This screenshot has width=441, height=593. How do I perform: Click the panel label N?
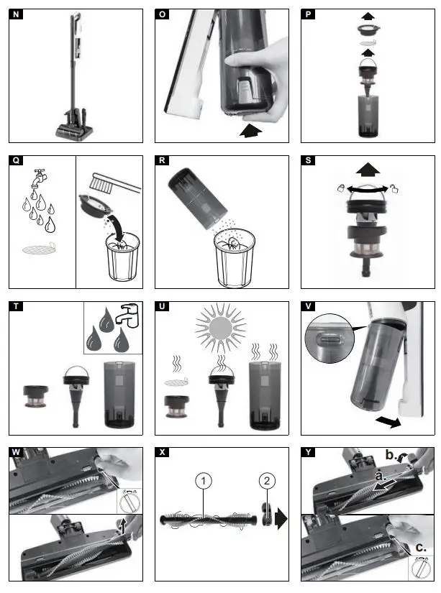pyautogui.click(x=16, y=14)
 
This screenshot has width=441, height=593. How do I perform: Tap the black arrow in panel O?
pyautogui.click(x=250, y=131)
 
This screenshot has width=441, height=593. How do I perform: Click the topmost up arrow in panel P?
pyautogui.click(x=368, y=16)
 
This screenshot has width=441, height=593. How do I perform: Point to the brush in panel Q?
pyautogui.click(x=115, y=183)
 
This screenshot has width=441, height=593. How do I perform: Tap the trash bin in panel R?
pyautogui.click(x=235, y=257)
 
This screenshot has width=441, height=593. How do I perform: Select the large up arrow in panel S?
pyautogui.click(x=368, y=170)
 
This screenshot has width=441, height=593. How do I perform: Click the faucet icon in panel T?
pyautogui.click(x=128, y=315)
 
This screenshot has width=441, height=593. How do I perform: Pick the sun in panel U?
pyautogui.click(x=221, y=328)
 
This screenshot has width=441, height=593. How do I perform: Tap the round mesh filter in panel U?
pyautogui.click(x=176, y=382)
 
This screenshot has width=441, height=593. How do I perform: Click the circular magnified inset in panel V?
pyautogui.click(x=329, y=338)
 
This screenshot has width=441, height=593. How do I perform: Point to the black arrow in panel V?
pyautogui.click(x=388, y=421)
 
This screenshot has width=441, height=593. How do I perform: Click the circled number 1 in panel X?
pyautogui.click(x=204, y=481)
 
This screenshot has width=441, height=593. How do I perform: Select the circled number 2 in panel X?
pyautogui.click(x=267, y=481)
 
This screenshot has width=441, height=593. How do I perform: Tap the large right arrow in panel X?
pyautogui.click(x=281, y=518)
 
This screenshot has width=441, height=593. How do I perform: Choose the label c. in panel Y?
pyautogui.click(x=421, y=547)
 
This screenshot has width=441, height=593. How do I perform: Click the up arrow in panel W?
pyautogui.click(x=122, y=525)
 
